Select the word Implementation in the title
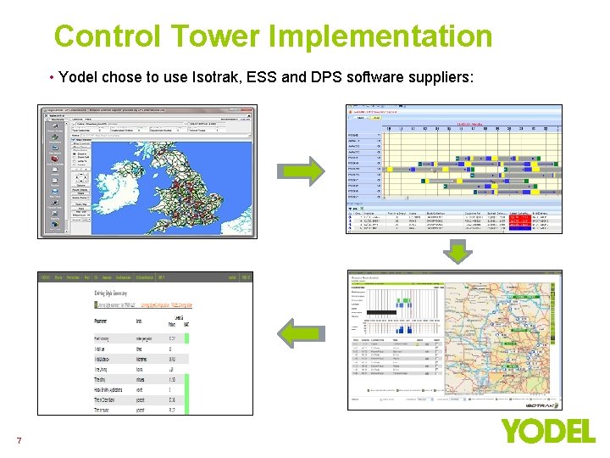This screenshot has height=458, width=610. tap(380, 36)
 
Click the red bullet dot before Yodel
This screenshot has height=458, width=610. tap(53, 77)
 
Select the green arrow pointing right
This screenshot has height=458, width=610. tap(303, 170)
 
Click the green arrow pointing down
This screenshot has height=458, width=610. tap(457, 252)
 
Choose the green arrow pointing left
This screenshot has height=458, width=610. tap(302, 332)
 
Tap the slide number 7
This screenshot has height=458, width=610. tap(19, 440)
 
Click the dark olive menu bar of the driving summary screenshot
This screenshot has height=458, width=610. tap(145, 276)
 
